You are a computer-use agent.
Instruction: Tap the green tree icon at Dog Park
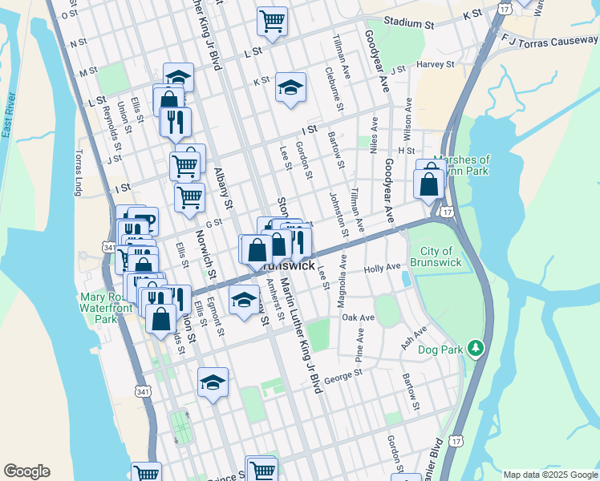(476, 347)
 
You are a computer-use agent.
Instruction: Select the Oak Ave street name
(359, 317)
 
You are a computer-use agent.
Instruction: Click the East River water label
(10, 117)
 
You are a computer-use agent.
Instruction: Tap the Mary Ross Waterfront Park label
(99, 308)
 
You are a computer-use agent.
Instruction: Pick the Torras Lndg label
(79, 172)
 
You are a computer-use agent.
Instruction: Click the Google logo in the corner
(26, 471)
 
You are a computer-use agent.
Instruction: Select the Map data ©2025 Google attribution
(549, 475)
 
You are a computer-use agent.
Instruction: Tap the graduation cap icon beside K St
(290, 88)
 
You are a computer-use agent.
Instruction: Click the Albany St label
(222, 188)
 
